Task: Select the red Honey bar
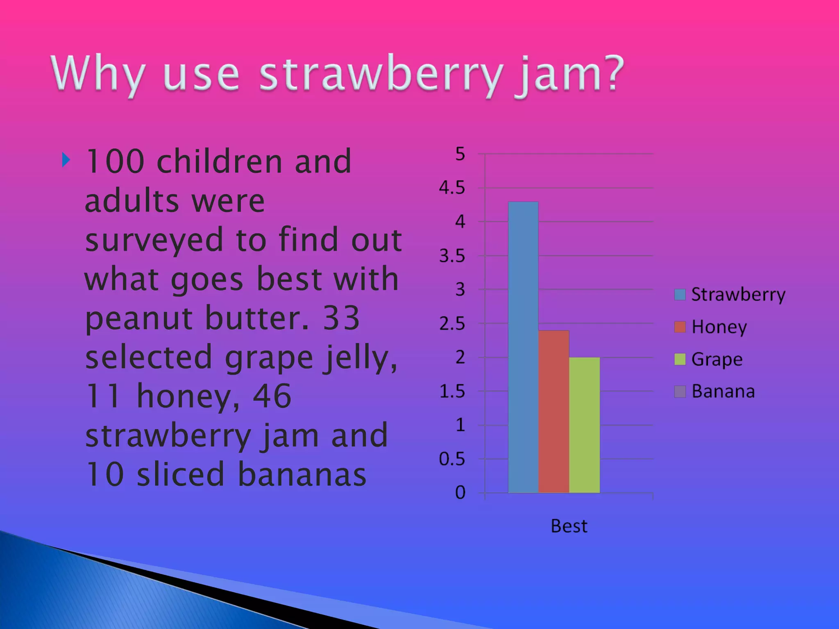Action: (553, 412)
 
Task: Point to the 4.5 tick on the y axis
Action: (452, 188)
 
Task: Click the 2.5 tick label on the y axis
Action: (452, 324)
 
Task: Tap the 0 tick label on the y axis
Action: (460, 493)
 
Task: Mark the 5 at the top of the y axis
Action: (460, 154)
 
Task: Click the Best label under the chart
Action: (569, 526)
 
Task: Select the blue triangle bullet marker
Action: (66, 160)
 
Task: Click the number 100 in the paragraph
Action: (115, 162)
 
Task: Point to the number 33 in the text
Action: (341, 318)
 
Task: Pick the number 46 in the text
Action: (272, 396)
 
